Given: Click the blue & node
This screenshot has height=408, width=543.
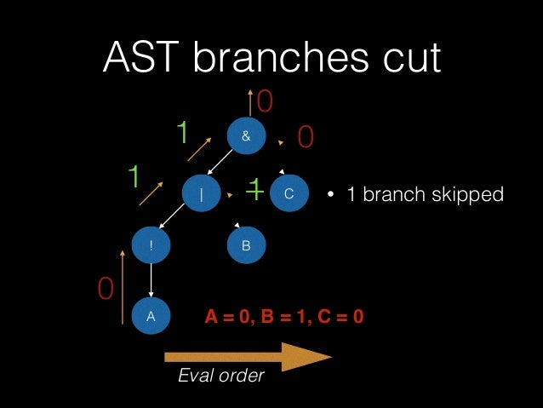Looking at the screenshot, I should coord(246,135).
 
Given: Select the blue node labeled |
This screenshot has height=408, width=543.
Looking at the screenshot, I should coord(202,193).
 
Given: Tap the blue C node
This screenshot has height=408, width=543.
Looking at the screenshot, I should coord(289,193).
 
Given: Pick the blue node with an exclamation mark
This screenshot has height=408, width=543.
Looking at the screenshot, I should coord(151,245).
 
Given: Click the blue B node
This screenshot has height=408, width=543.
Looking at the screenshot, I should coord(246,245).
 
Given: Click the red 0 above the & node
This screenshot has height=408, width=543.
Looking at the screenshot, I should coord(265,102).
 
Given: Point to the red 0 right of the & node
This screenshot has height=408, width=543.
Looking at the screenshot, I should coord(306,137).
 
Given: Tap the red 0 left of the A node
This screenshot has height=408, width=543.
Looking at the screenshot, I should coord(106,290).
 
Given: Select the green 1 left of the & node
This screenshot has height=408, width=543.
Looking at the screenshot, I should coord(181,133).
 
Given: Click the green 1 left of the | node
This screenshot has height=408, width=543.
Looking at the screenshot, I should coord(134,177).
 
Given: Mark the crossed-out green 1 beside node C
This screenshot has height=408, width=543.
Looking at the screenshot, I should coord(254,189).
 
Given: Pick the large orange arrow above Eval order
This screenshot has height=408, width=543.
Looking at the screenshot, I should coord(247,356).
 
